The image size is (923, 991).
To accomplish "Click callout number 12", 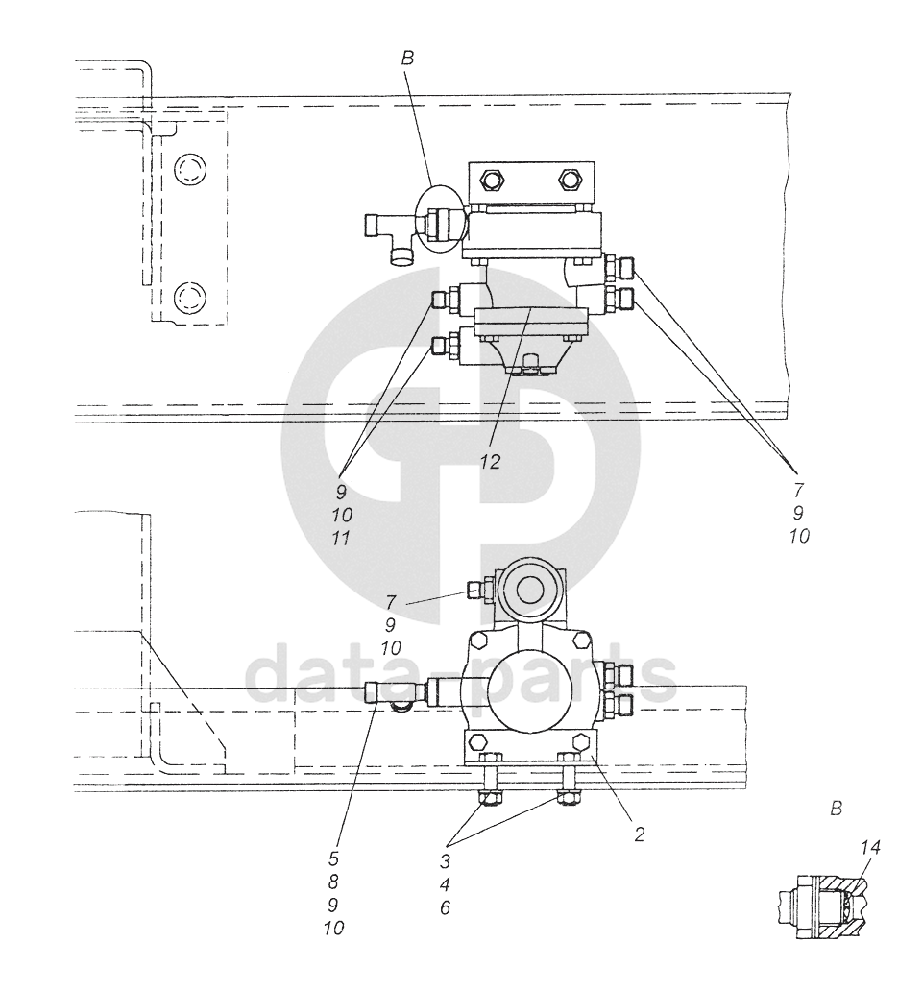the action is coord(490,462).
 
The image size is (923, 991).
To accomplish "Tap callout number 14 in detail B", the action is coord(870,847).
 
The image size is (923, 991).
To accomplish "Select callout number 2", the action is coord(639,834).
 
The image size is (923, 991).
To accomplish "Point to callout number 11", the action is coord(341,539).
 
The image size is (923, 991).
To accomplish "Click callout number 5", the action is coord(333,858).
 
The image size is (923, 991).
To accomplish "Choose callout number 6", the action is coord(445,908).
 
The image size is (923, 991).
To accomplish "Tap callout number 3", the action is coord(445,860).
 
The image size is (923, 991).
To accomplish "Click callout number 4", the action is coord(445,884).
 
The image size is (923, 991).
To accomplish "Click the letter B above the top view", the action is coord(407,59).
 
